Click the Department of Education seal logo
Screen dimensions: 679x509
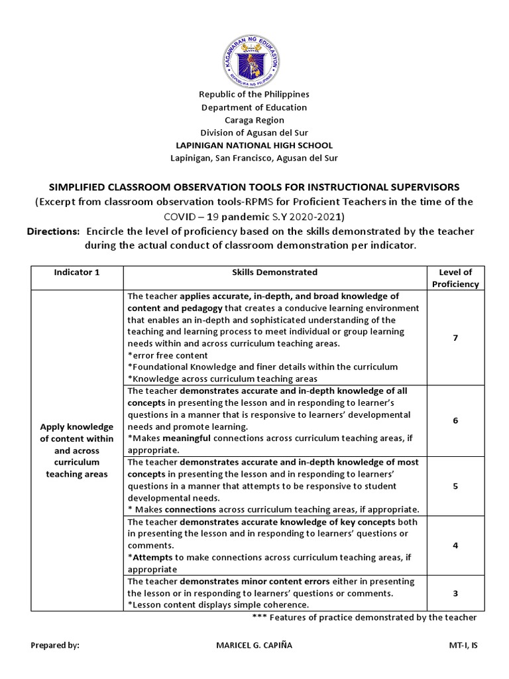coord(254,54)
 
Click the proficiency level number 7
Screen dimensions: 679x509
coord(455,338)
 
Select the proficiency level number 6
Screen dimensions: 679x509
coord(455,420)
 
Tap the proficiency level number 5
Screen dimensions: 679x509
coord(455,486)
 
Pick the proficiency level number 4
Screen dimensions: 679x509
coord(455,545)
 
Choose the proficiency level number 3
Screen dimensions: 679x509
coord(455,593)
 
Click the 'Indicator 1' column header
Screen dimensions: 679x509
coord(77,273)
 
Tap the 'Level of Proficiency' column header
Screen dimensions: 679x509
coord(455,278)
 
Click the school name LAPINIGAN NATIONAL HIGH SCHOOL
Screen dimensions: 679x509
coord(254,145)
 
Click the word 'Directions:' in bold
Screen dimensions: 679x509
coord(53,231)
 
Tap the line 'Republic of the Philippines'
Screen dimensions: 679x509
coord(254,95)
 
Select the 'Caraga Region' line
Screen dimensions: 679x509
coord(254,120)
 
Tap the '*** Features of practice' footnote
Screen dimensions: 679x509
coord(365,617)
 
